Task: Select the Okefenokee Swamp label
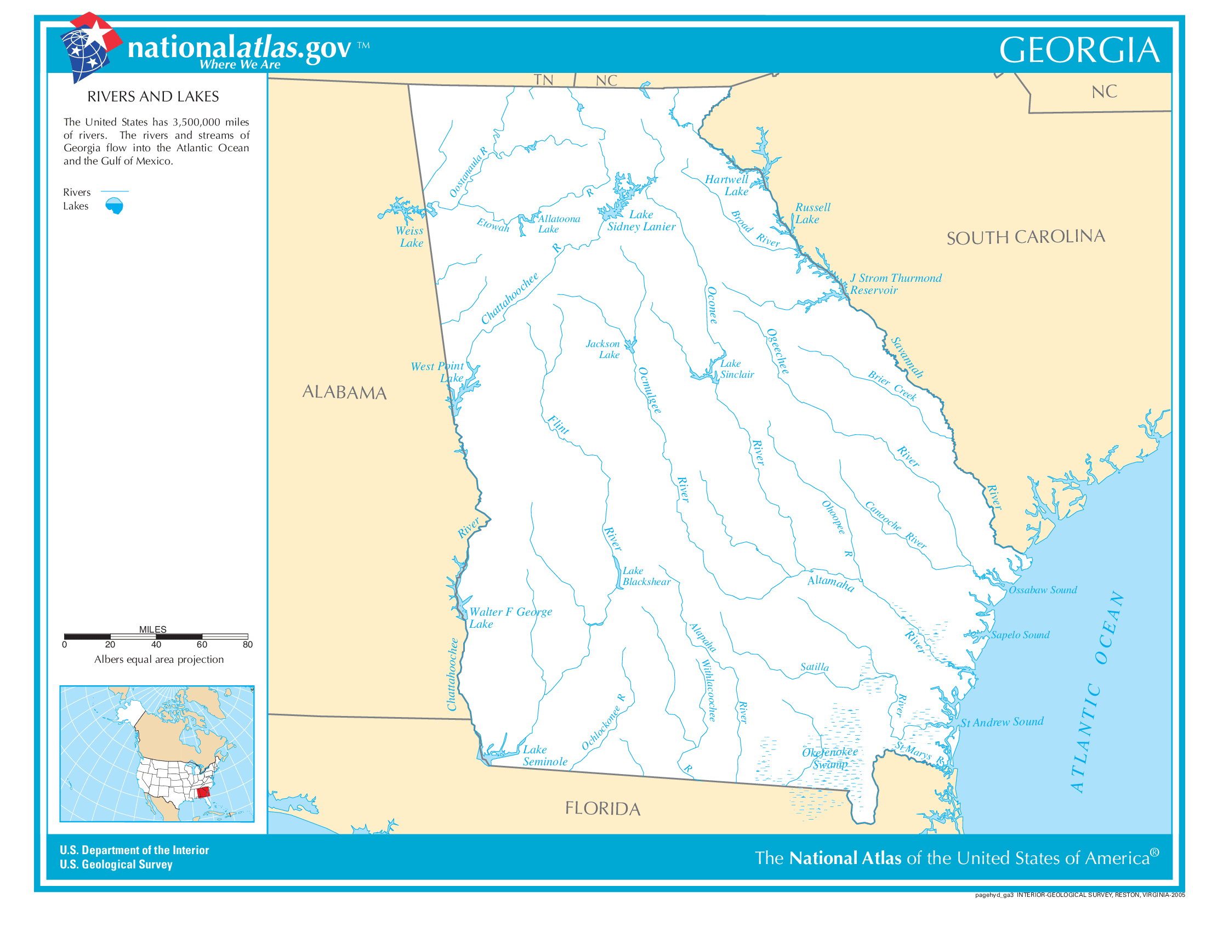pyautogui.click(x=829, y=758)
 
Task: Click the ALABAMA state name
pyautogui.click(x=344, y=392)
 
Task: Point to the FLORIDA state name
pyautogui.click(x=602, y=808)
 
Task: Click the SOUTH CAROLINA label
pyautogui.click(x=1026, y=237)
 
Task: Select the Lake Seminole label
pyautogui.click(x=544, y=755)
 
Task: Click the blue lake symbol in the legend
pyautogui.click(x=115, y=206)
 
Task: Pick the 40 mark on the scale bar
pyautogui.click(x=156, y=644)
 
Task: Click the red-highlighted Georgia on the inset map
pyautogui.click(x=203, y=793)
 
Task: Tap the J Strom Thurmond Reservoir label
pyautogui.click(x=895, y=284)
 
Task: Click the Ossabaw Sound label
pyautogui.click(x=1043, y=590)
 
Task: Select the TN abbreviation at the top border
pyautogui.click(x=543, y=80)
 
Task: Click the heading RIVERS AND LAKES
pyautogui.click(x=153, y=96)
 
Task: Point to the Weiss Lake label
pyautogui.click(x=409, y=237)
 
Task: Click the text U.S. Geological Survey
pyautogui.click(x=116, y=865)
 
